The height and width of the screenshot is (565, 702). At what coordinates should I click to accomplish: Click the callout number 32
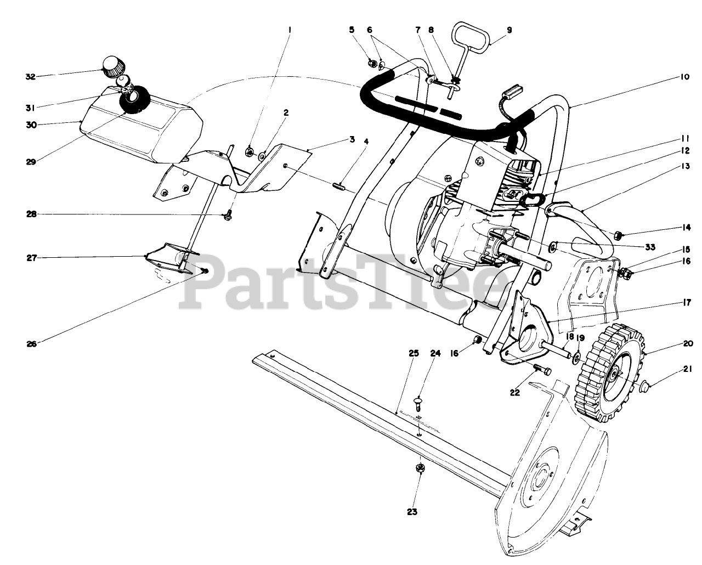[30, 76]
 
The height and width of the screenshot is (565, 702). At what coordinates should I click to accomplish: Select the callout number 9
[509, 30]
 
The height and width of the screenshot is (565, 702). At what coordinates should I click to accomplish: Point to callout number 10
[684, 77]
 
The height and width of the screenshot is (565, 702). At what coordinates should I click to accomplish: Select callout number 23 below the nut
[412, 512]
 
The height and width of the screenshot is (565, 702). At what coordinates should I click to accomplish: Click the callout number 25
[414, 353]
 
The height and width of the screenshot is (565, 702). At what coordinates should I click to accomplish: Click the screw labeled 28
[229, 216]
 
